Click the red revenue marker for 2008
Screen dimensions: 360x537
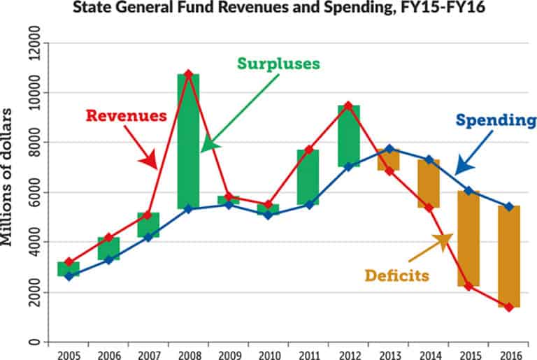[x=188, y=73]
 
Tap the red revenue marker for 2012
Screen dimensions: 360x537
[x=348, y=106]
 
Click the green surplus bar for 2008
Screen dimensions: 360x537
[x=188, y=140]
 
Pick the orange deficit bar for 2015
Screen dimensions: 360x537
[x=468, y=238]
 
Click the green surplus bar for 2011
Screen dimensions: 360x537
[x=308, y=177]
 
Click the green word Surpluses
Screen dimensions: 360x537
[x=278, y=63]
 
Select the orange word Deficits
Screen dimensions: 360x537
[x=396, y=275]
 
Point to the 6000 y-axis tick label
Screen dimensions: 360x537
[x=30, y=193]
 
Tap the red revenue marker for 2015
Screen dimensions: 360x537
[x=468, y=286]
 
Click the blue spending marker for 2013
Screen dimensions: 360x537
[x=389, y=149]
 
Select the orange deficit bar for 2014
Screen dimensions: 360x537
[x=429, y=183]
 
